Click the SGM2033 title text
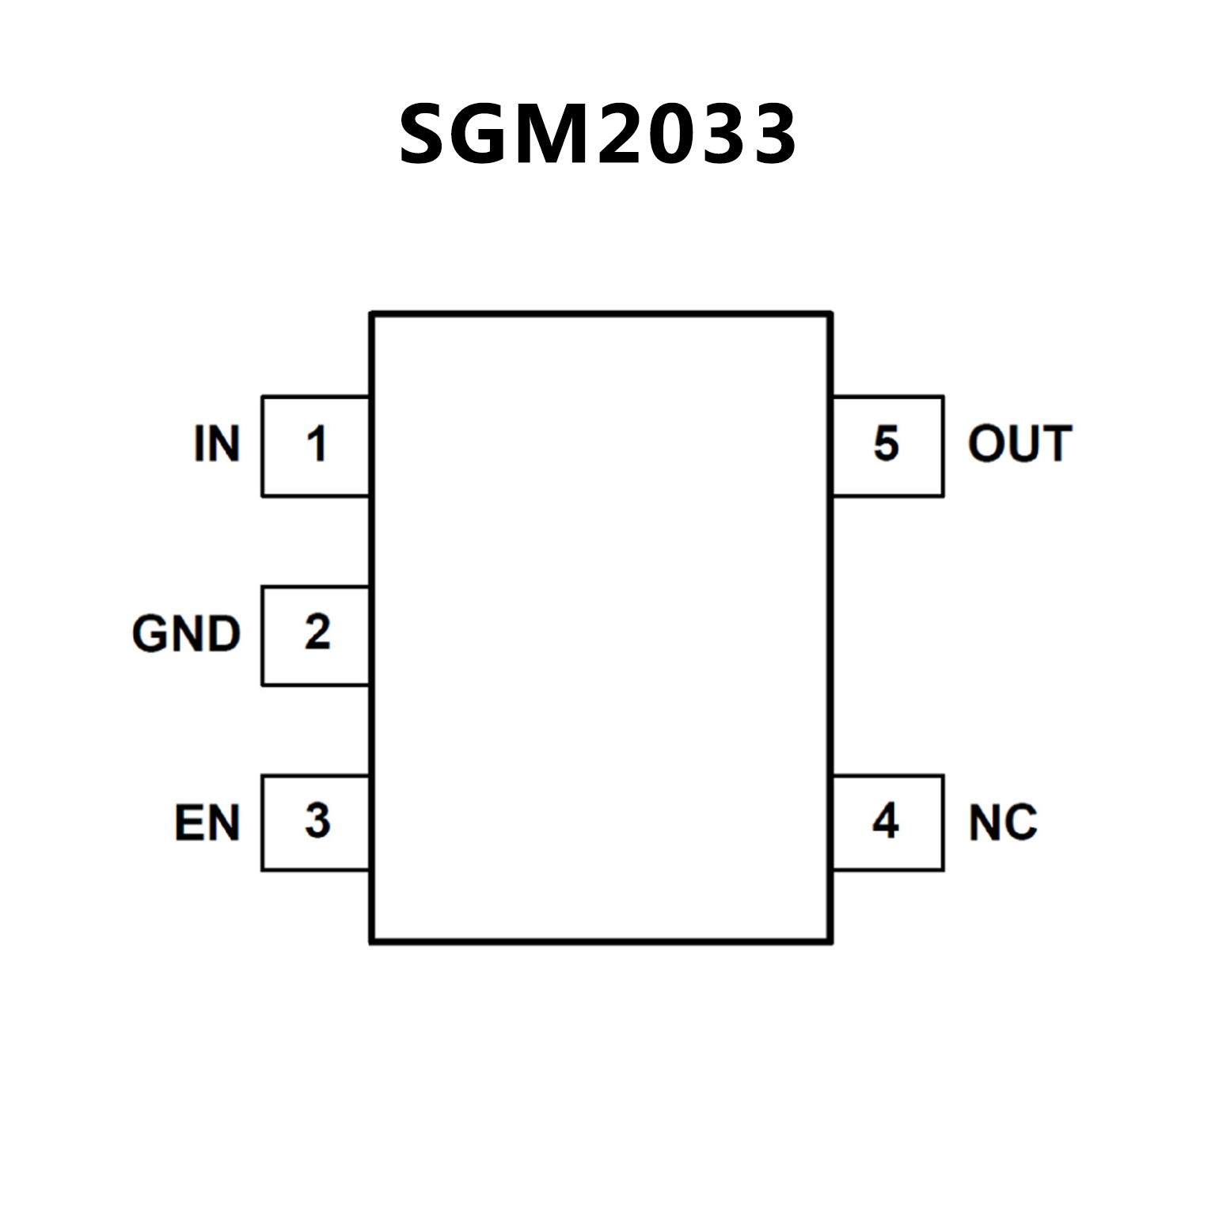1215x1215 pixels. coord(598,135)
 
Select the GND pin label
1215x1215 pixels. coord(186,633)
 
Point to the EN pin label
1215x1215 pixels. coord(207,822)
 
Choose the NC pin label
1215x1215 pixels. coord(1002,822)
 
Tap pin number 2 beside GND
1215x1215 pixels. coord(317,632)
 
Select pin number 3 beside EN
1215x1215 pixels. coord(317,821)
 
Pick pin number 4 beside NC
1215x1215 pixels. coord(885,821)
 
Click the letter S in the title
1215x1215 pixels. coord(424,135)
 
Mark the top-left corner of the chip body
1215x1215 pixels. coord(372,314)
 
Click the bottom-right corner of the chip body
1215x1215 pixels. coord(830,941)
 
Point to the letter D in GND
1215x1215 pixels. coord(223,633)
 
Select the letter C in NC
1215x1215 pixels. coord(1021,822)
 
